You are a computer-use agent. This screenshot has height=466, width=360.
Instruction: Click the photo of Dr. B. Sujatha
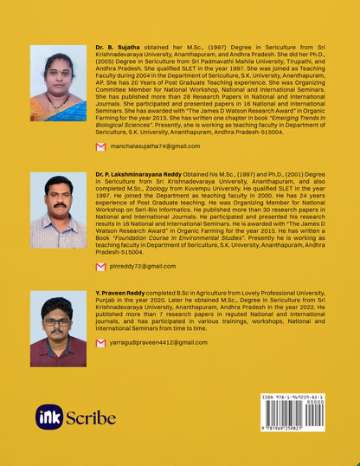coord(58,83)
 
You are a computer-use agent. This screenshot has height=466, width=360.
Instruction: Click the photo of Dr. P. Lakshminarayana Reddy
coord(58,210)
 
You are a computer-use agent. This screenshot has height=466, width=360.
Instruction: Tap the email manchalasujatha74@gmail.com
coord(152,148)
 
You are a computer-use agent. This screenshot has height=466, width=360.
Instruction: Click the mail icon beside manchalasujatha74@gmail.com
coord(101,148)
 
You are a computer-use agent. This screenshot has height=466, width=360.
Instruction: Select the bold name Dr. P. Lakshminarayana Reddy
coord(139,174)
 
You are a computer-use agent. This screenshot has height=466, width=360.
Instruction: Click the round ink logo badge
coord(49,417)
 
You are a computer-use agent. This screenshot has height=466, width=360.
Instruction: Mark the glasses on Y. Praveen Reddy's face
coord(58,321)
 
